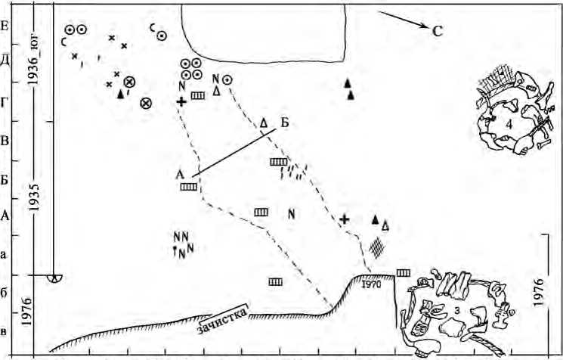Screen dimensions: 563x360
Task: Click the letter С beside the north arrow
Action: pos(437,31)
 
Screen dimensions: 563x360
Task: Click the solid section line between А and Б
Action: pos(234,153)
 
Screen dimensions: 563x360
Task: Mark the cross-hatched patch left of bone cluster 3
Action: pos(376,247)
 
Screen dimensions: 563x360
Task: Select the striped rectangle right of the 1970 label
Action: pos(404,272)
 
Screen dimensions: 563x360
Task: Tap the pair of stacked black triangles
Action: pos(348,88)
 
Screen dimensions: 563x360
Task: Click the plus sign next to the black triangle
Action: pos(345,219)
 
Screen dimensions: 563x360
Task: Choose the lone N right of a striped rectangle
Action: pos(291,213)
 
